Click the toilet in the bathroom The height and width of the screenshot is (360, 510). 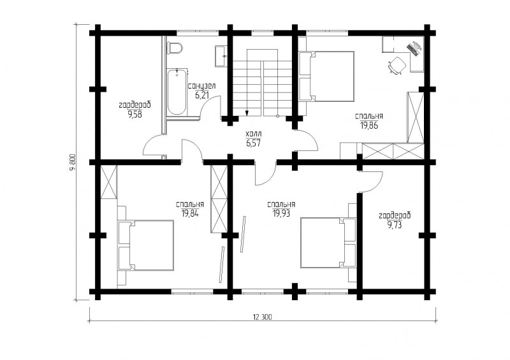point(174,48)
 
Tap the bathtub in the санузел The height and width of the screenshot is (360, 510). point(177,91)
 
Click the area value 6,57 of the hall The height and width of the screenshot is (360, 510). point(253,143)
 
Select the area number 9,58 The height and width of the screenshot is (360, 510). point(135,115)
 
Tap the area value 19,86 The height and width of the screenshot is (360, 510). point(369,125)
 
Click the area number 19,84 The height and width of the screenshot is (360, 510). point(190,213)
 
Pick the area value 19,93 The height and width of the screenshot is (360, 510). point(281,213)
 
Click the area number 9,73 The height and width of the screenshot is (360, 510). point(395,224)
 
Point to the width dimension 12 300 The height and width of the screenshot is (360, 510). point(262,317)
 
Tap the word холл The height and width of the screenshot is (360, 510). point(254,134)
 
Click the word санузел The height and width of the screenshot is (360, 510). point(201,86)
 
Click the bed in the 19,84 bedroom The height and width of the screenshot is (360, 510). point(146,245)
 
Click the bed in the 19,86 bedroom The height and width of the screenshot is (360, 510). point(326,76)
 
